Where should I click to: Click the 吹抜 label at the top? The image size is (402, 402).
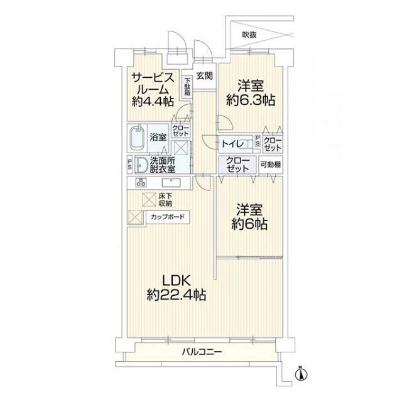[x=249, y=35]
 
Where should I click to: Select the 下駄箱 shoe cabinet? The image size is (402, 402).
[x=187, y=86]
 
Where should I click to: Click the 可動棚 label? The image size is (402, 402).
[x=271, y=165]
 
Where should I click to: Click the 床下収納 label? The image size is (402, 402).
[x=165, y=200]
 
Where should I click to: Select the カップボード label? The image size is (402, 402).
[x=166, y=217]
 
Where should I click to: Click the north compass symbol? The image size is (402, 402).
[x=300, y=375]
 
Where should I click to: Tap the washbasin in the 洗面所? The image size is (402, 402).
[x=141, y=165]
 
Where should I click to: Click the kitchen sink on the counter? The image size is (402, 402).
[x=171, y=183]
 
